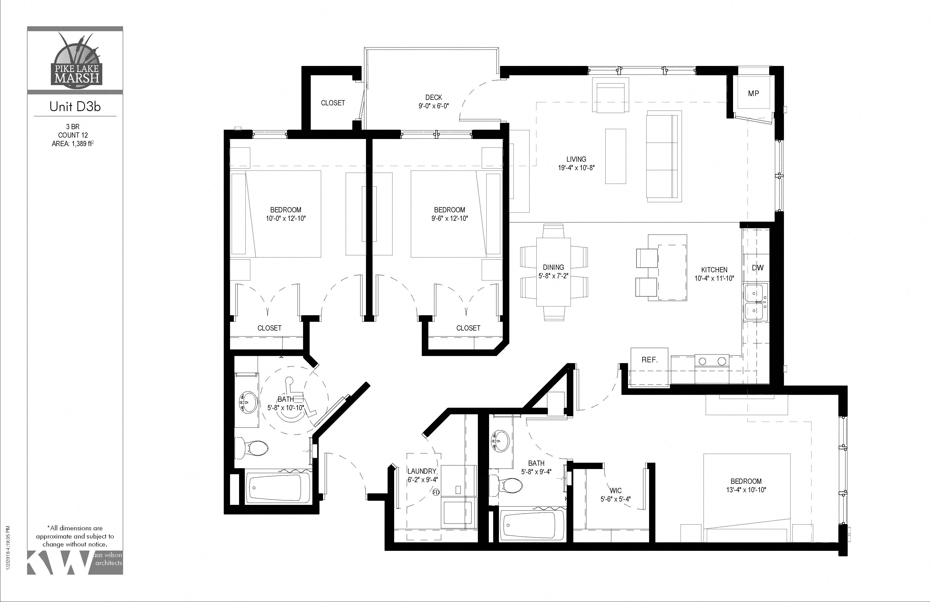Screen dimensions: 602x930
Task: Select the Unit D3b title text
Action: (x=75, y=107)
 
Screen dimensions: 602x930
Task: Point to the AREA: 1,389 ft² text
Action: (x=73, y=144)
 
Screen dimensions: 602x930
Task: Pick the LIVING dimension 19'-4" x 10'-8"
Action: (x=576, y=168)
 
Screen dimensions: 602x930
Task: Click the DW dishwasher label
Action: (x=758, y=268)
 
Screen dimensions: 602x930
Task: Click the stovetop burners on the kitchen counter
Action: (x=712, y=361)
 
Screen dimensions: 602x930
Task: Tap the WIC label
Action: (x=616, y=491)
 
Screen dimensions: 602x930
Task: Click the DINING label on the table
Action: (x=553, y=267)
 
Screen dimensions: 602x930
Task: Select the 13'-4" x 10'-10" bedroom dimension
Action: (x=746, y=490)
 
